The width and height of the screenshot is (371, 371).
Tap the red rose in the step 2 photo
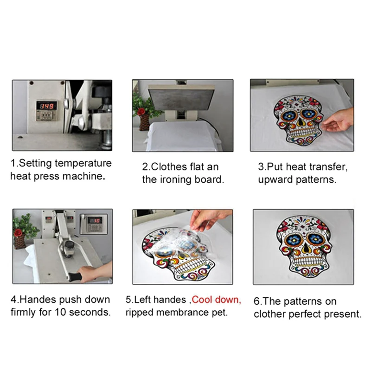click(141, 111)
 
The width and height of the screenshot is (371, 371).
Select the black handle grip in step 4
click(75, 276)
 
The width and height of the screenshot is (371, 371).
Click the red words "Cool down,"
click(216, 300)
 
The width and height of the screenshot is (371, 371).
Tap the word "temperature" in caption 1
click(83, 163)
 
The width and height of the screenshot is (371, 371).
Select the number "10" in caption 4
click(61, 312)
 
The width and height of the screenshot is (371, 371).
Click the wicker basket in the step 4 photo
click(19, 241)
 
